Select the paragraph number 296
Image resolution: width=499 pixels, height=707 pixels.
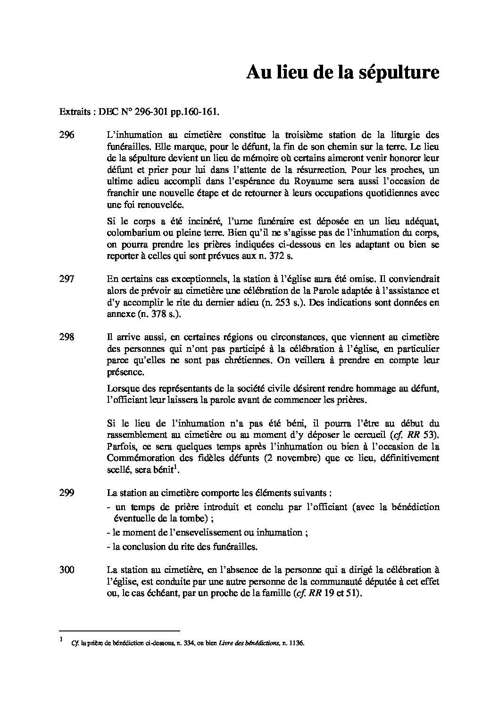(x=67, y=135)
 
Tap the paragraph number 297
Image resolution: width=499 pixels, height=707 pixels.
(x=67, y=279)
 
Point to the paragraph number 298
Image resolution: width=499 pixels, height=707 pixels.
(x=67, y=337)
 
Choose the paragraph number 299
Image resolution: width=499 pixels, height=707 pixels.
(x=67, y=493)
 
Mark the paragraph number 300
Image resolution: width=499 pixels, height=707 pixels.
(x=67, y=570)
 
